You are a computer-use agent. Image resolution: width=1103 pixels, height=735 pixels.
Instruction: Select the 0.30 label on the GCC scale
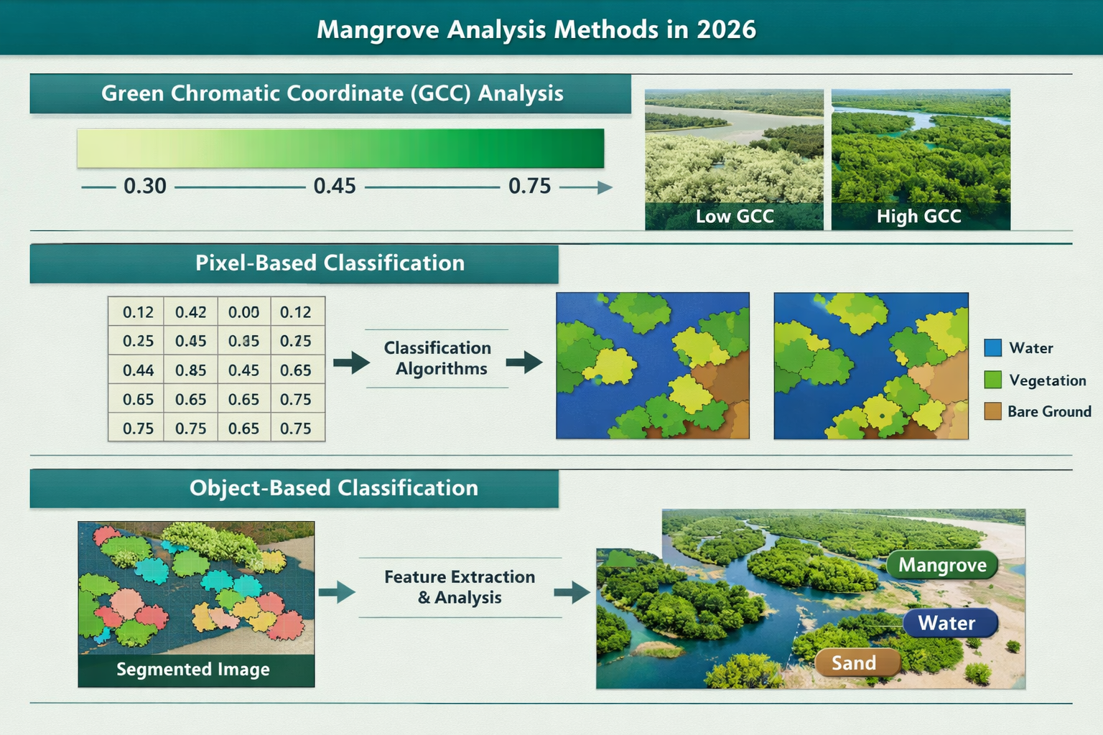tap(145, 187)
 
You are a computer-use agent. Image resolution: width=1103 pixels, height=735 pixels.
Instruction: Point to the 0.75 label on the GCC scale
tap(529, 187)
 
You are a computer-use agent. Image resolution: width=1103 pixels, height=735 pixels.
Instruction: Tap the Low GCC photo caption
tap(734, 216)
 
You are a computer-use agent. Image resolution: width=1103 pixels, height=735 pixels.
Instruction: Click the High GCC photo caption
tap(918, 216)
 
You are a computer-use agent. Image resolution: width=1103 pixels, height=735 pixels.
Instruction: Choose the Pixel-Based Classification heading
tap(330, 263)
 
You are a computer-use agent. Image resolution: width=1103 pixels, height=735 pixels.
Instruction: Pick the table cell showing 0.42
tap(190, 312)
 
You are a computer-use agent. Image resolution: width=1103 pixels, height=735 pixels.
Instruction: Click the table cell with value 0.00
tap(243, 312)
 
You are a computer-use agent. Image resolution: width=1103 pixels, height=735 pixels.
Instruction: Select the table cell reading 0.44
tap(138, 370)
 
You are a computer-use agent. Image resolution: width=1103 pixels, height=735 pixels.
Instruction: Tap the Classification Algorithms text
tap(437, 358)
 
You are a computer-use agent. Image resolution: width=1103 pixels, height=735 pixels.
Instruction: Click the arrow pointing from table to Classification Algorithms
tap(350, 362)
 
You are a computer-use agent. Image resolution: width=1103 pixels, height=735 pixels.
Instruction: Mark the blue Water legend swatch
tap(992, 348)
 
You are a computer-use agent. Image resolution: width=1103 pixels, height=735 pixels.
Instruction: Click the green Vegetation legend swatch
tap(992, 380)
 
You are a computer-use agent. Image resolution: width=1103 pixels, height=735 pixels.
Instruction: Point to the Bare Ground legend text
tap(1048, 411)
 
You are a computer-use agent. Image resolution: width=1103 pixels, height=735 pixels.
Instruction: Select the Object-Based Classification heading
tap(333, 488)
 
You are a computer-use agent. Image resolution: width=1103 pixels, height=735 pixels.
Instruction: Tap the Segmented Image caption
tap(193, 670)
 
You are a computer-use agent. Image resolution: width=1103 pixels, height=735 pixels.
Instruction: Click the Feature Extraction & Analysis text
tap(460, 587)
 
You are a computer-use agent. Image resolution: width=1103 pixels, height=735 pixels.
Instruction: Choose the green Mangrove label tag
tap(942, 566)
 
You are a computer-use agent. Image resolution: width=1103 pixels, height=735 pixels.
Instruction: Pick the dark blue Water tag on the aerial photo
tap(948, 623)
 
